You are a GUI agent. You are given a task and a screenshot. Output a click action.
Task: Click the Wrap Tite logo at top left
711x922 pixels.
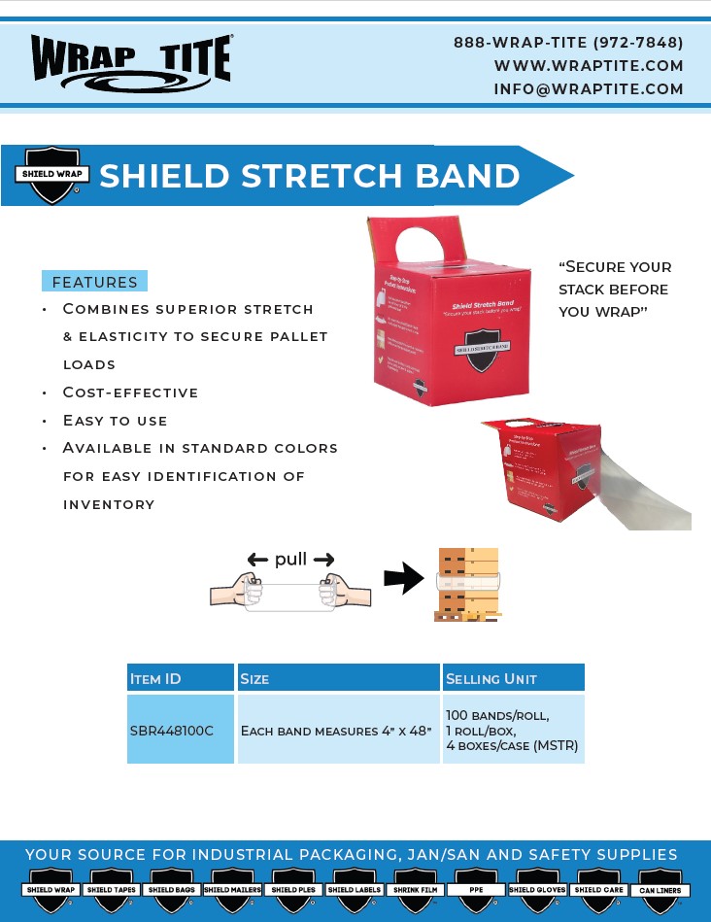131,60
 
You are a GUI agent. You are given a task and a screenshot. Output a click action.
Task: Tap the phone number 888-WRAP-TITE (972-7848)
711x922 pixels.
568,43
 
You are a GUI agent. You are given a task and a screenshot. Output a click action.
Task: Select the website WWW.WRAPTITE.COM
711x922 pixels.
589,66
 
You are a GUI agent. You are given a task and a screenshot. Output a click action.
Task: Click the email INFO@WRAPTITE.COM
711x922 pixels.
589,89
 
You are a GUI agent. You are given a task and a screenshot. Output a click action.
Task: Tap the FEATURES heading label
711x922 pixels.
94,283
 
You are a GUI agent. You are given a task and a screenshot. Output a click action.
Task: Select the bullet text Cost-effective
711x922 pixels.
130,393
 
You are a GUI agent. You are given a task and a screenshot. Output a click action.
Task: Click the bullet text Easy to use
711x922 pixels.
115,421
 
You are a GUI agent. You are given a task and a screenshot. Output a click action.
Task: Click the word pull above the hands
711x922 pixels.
290,559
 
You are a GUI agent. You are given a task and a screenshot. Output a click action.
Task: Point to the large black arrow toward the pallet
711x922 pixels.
404,580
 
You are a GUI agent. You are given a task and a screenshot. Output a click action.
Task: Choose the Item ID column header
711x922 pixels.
156,678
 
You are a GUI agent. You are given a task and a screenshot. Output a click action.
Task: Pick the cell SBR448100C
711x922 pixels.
172,731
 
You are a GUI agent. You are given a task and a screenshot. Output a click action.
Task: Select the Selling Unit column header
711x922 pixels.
491,678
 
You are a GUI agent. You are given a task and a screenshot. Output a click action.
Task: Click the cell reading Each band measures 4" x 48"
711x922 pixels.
336,731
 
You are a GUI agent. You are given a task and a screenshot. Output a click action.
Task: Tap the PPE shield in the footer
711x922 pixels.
476,890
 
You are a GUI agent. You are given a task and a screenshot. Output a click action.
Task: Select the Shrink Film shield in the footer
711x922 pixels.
416,890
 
